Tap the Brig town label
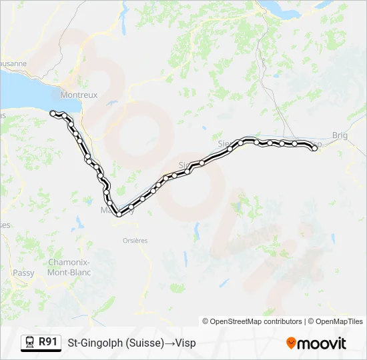[x=340, y=135]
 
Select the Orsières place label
[x=135, y=241]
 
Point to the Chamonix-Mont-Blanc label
[x=69, y=267]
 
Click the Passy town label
[x=23, y=273]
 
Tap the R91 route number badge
[x=47, y=342]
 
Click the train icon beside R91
[x=30, y=343]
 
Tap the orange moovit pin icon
[x=291, y=343]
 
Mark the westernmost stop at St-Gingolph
[x=53, y=113]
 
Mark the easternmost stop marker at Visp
[x=314, y=148]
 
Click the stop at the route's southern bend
[x=119, y=214]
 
